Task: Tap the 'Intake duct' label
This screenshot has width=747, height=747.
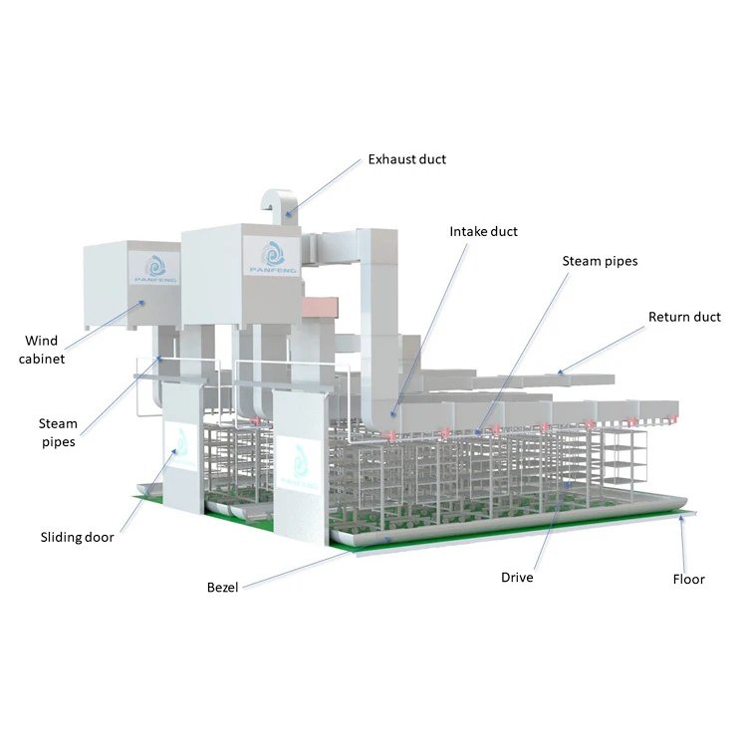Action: (x=484, y=232)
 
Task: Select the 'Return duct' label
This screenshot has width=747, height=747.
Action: (x=684, y=318)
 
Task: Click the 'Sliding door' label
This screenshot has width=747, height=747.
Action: (x=77, y=538)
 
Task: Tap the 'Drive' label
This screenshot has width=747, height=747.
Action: (x=517, y=578)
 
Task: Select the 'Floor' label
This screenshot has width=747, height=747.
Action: (x=688, y=580)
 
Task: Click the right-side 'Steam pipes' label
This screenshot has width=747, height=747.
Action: (x=600, y=262)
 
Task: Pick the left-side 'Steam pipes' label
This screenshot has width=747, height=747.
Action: (x=58, y=432)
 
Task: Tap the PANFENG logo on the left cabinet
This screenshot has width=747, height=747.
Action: (x=157, y=268)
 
